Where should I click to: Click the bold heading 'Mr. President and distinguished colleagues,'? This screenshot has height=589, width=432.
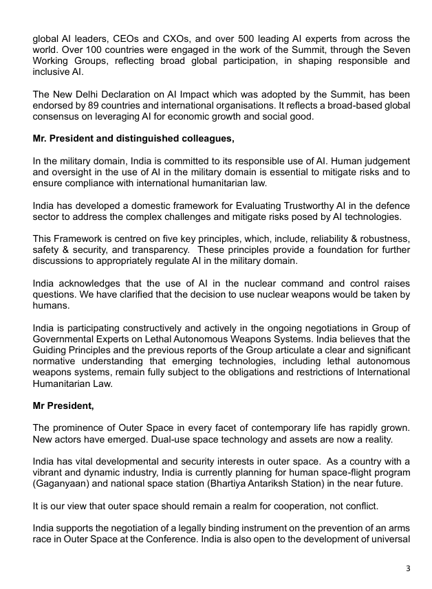(x=133, y=138)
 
